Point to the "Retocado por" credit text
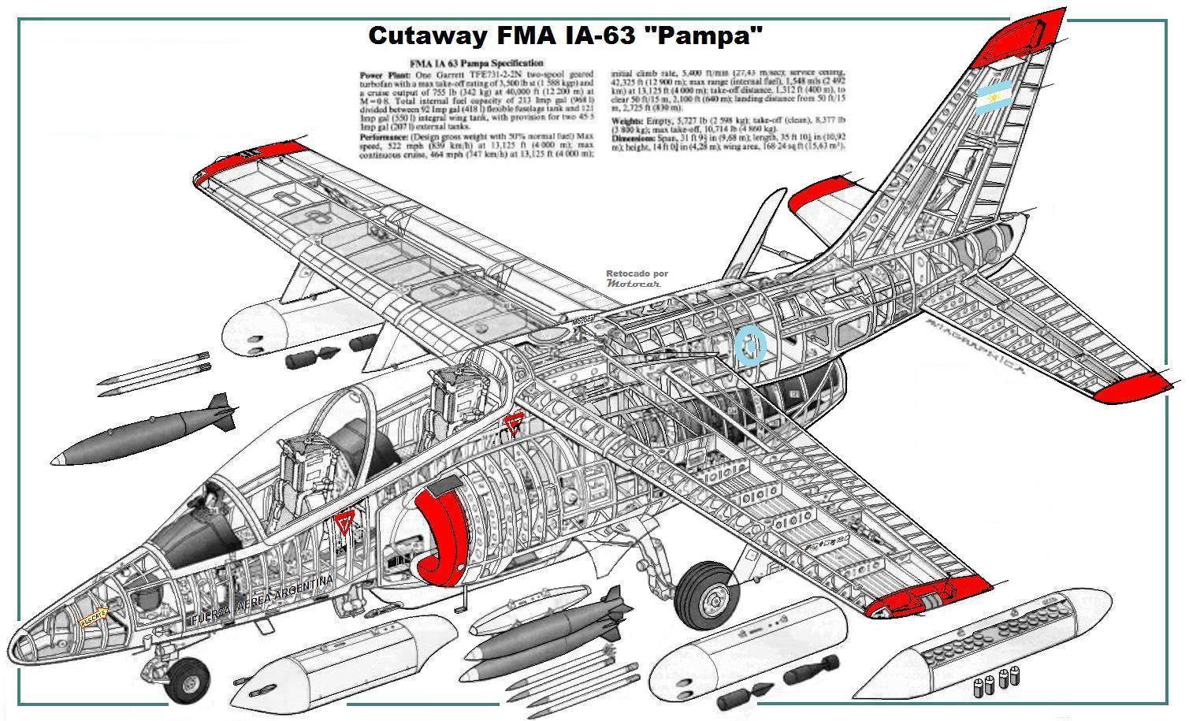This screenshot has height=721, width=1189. pyautogui.click(x=637, y=274)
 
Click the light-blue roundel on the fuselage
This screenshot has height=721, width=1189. pyautogui.click(x=750, y=345)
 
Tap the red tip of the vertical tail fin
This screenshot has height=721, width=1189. pyautogui.click(x=1025, y=35)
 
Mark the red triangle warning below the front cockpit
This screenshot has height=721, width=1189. pyautogui.click(x=343, y=522)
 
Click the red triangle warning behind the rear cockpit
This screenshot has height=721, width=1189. pyautogui.click(x=514, y=424)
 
